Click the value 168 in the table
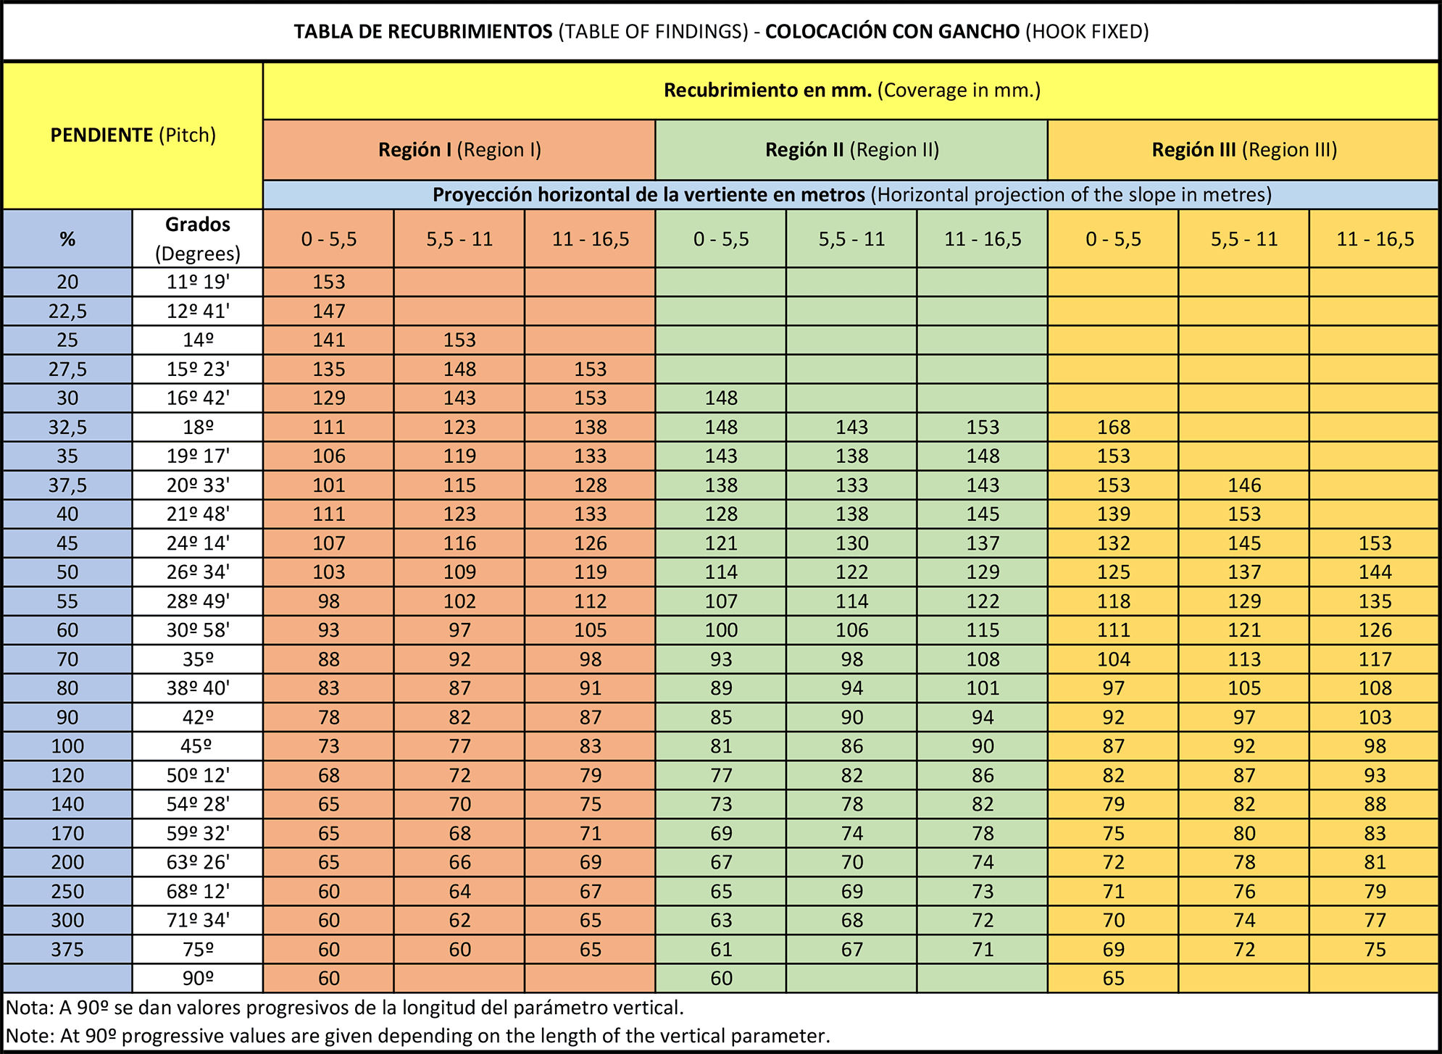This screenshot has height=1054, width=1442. (x=1113, y=427)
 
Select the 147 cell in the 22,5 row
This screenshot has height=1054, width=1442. (x=329, y=311)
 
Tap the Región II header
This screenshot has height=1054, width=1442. (x=851, y=150)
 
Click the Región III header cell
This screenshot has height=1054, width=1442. (x=1243, y=150)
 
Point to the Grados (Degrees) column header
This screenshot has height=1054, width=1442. (x=198, y=238)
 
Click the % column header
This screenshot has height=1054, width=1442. (x=67, y=239)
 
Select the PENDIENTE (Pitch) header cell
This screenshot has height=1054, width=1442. (x=133, y=135)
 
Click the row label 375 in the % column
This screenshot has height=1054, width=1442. (x=67, y=949)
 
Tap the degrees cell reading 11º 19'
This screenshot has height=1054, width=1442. (x=198, y=283)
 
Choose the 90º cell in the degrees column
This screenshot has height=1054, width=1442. (x=198, y=979)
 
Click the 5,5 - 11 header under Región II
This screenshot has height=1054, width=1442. (x=851, y=239)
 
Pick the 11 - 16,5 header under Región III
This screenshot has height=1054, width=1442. (x=1375, y=239)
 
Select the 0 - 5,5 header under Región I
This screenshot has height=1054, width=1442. (x=329, y=239)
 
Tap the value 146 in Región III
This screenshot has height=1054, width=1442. (x=1244, y=485)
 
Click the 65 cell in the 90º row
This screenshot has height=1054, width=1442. (x=1113, y=979)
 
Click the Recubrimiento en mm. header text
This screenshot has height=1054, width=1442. (x=767, y=91)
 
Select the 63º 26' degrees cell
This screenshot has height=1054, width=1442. (x=198, y=862)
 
